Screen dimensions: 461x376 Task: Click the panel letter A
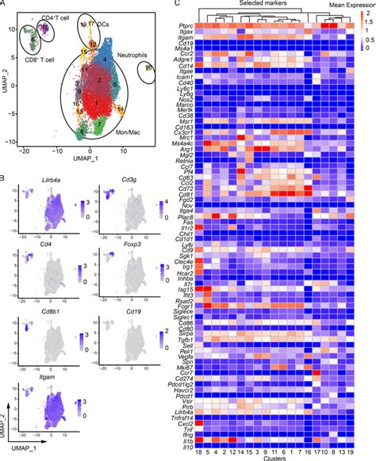pyautogui.click(x=6, y=5)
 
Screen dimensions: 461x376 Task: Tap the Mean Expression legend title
pyautogui.click(x=347, y=6)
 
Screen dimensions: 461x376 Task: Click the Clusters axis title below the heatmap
pyautogui.click(x=267, y=457)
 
